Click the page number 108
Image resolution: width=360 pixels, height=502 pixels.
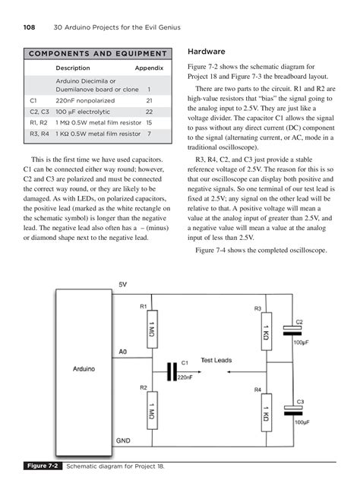[x=29, y=27]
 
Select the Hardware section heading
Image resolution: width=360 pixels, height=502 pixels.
[x=207, y=52]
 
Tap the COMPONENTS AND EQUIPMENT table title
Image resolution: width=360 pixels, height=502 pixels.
[x=98, y=53]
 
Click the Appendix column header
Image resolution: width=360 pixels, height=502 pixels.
[x=149, y=68]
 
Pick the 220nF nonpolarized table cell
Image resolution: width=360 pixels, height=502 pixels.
[x=85, y=100]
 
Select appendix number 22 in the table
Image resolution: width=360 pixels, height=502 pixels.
[x=149, y=112]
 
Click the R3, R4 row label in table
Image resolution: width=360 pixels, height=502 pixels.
[x=39, y=134]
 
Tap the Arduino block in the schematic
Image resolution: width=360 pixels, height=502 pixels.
[x=84, y=372]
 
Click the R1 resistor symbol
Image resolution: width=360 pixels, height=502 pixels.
[x=152, y=329]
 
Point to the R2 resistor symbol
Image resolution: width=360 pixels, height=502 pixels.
[x=152, y=410]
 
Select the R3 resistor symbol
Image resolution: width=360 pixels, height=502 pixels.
[x=267, y=331]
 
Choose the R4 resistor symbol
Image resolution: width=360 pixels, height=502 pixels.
[x=267, y=412]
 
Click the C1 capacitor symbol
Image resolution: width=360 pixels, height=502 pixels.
[x=172, y=371]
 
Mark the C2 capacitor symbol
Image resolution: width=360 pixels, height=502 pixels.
[x=292, y=330]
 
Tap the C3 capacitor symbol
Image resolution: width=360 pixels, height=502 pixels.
[x=293, y=410]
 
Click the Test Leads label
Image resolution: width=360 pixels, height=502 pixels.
[x=216, y=360]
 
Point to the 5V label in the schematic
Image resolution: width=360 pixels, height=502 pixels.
[x=123, y=284]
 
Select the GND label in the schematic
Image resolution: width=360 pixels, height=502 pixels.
[x=123, y=440]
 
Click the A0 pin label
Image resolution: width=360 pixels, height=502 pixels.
[x=123, y=352]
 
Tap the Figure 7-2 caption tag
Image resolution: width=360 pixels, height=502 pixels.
[x=43, y=466]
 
